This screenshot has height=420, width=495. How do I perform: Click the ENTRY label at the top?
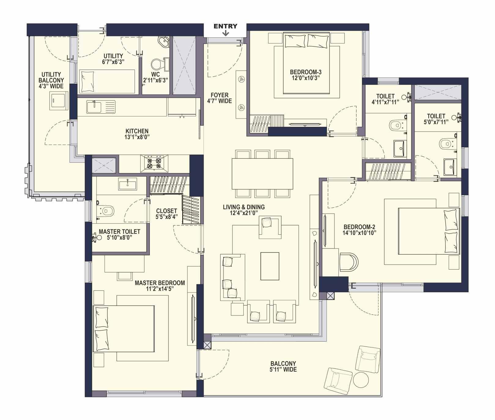click(x=225, y=26)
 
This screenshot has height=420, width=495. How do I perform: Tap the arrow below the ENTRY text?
click(x=225, y=33)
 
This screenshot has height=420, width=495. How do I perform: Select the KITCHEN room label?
click(x=137, y=131)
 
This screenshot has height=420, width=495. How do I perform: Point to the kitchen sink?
click(x=101, y=107)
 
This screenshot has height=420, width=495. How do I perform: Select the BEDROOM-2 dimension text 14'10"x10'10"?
click(x=359, y=233)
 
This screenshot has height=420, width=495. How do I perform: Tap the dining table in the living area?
click(x=262, y=174)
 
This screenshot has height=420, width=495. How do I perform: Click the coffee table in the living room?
click(x=270, y=266)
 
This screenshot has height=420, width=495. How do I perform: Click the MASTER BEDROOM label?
click(x=160, y=283)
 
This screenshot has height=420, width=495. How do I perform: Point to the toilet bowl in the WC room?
click(x=157, y=64)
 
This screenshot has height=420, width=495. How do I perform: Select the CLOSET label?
click(x=167, y=211)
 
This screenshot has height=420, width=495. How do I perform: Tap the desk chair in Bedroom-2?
click(x=349, y=262)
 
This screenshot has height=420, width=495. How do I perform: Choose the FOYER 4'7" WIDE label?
click(x=220, y=98)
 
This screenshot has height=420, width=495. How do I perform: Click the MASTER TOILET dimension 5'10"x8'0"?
click(x=120, y=238)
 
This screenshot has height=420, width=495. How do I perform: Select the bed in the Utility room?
click(x=107, y=81)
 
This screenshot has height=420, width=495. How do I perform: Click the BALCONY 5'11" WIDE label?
click(x=283, y=367)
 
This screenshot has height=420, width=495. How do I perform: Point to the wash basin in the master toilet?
click(x=127, y=184)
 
